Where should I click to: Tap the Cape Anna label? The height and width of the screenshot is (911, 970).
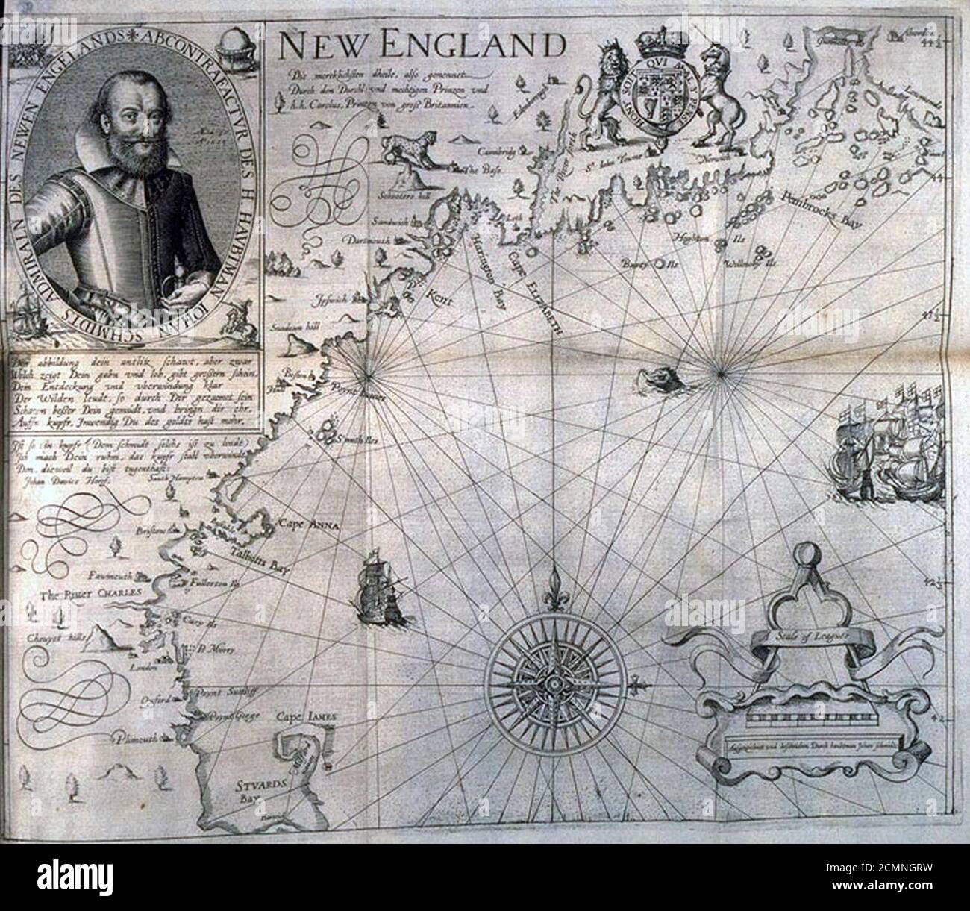[308, 525]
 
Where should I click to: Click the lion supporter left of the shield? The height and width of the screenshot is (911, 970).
[607, 97]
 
